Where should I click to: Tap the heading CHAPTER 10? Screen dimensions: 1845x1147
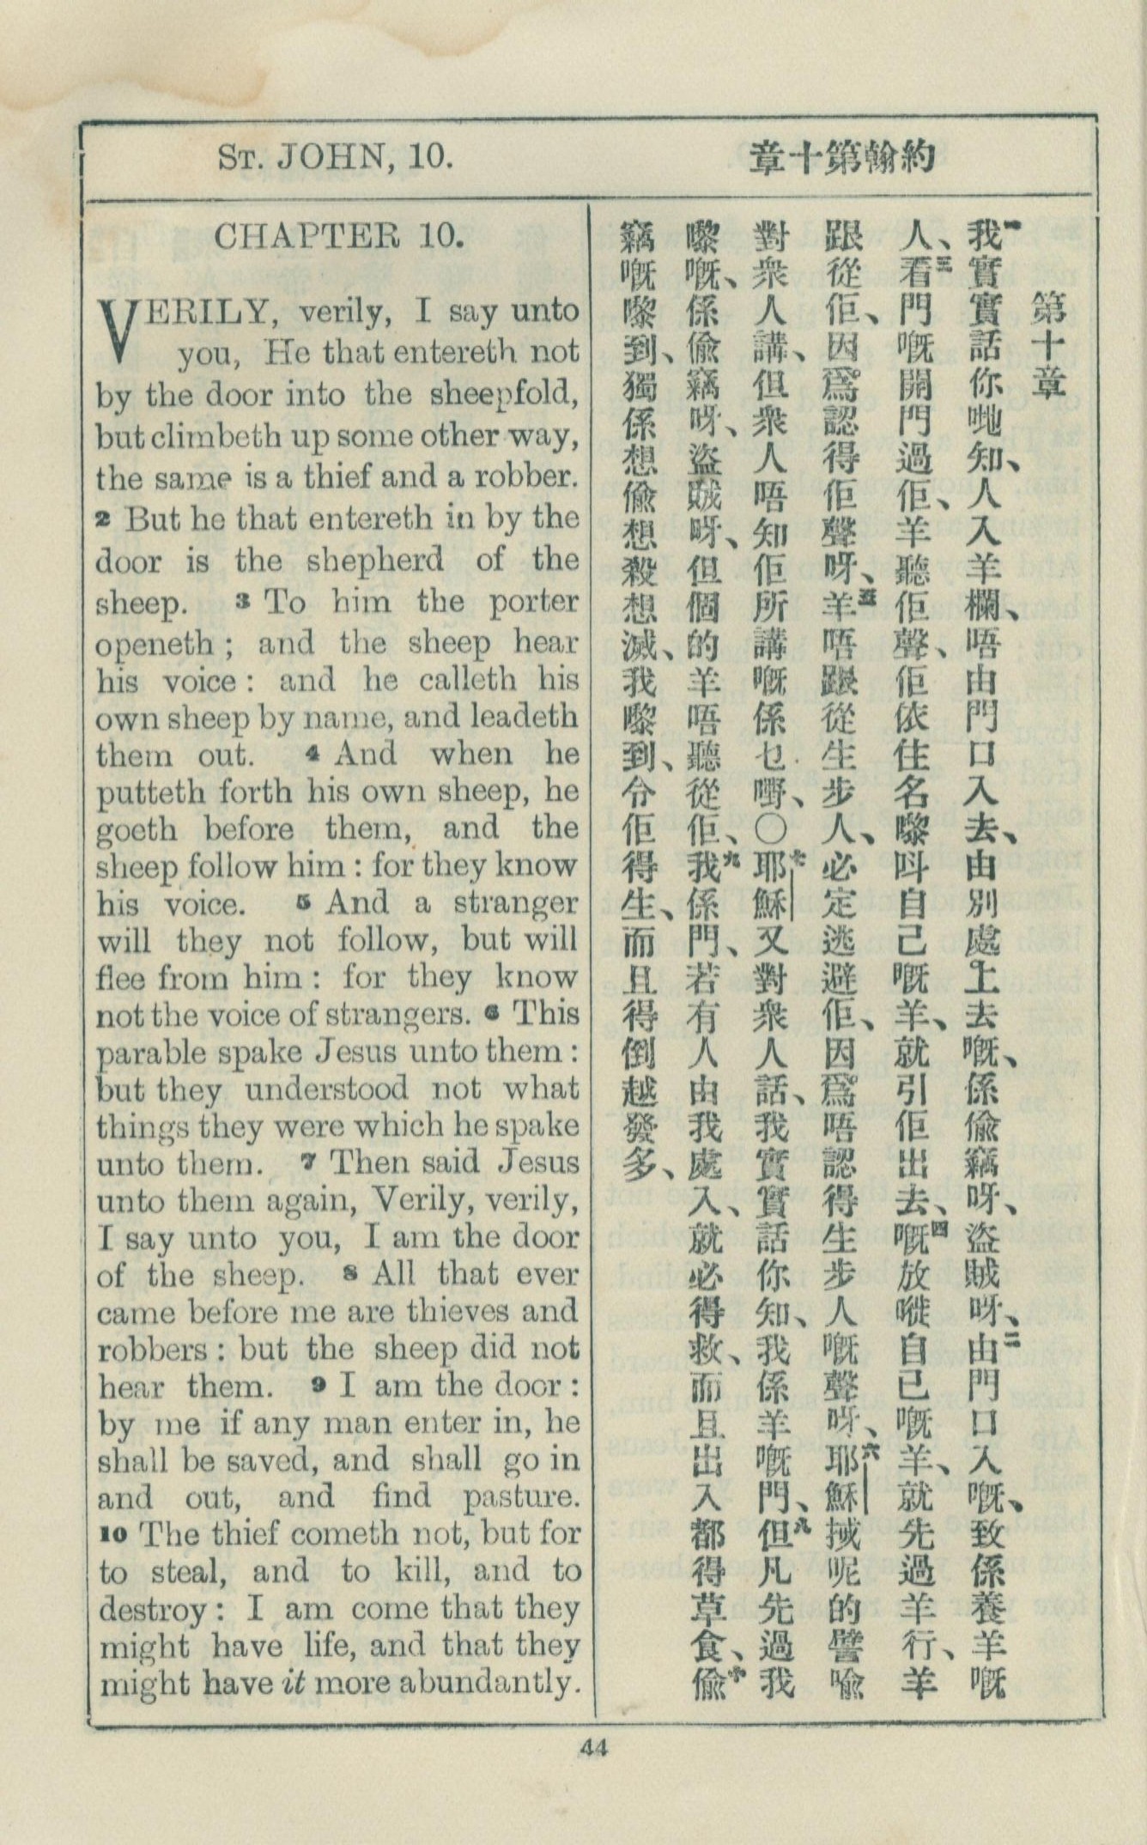pos(338,236)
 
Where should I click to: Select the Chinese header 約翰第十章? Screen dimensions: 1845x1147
pos(841,159)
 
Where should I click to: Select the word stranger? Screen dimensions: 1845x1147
pos(513,902)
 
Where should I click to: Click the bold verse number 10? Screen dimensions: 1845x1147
pos(113,1535)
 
